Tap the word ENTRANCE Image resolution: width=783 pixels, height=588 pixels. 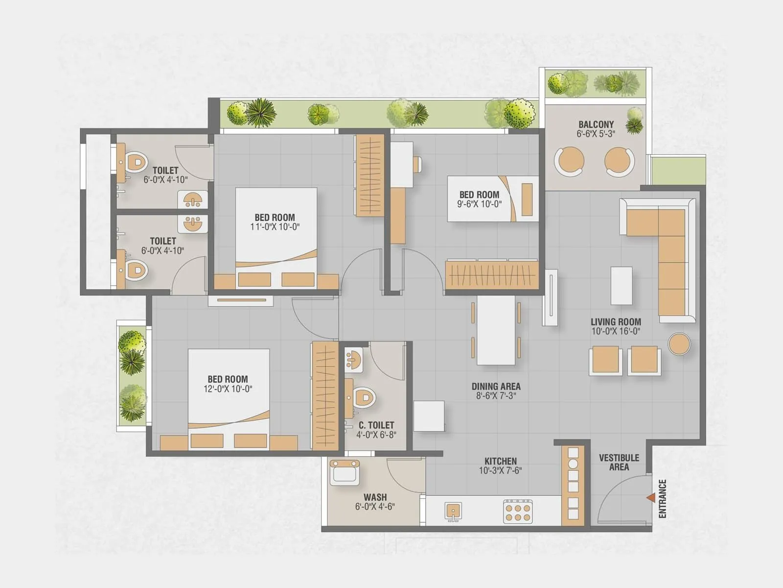tap(663, 498)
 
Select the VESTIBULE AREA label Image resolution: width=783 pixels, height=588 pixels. tap(619, 462)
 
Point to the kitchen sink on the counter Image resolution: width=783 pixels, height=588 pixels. tap(453, 511)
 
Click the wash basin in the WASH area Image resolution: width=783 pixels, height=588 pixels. tap(345, 472)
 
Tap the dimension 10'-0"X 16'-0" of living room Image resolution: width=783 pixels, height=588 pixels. tap(616, 331)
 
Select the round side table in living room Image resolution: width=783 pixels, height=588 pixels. tap(679, 343)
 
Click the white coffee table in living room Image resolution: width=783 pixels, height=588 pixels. tap(621, 286)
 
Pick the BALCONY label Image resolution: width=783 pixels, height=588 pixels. tap(596, 124)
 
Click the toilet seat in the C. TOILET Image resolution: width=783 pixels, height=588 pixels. tap(363, 397)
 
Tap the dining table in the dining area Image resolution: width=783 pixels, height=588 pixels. tap(496, 330)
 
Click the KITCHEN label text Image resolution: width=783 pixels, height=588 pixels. tap(500, 461)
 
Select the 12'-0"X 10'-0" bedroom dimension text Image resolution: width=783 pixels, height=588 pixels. tap(228, 389)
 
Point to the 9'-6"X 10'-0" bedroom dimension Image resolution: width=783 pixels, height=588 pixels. tap(479, 204)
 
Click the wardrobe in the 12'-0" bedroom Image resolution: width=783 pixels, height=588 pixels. tap(325, 396)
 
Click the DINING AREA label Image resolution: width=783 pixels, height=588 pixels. tap(496, 386)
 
